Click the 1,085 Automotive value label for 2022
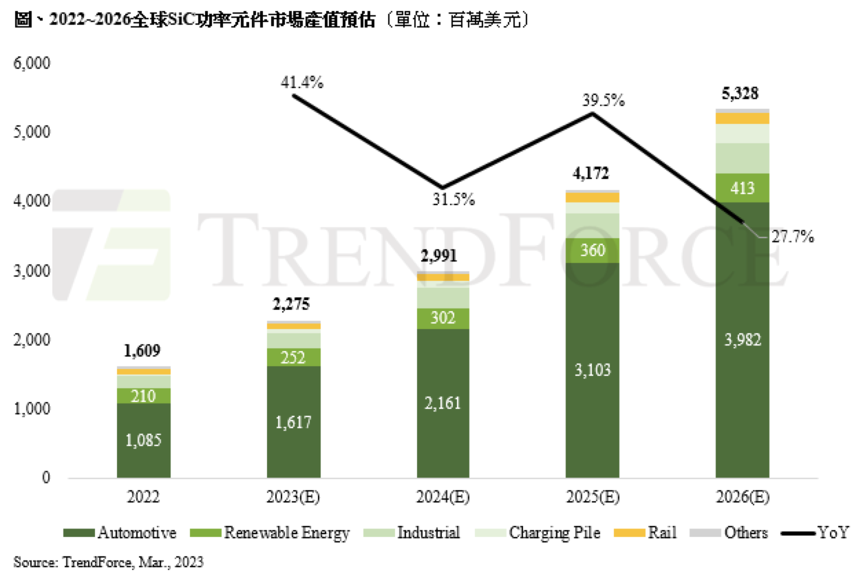pos(144,441)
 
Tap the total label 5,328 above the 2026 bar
pos(742,94)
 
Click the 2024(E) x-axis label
pos(443,497)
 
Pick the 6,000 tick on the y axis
pos(32,64)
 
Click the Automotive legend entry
pos(120,533)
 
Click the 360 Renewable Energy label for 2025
pos(593,251)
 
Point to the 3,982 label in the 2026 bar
pos(742,340)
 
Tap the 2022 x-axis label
pos(144,497)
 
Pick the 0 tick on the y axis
pos(45,478)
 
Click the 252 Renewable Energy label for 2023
pos(293,357)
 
